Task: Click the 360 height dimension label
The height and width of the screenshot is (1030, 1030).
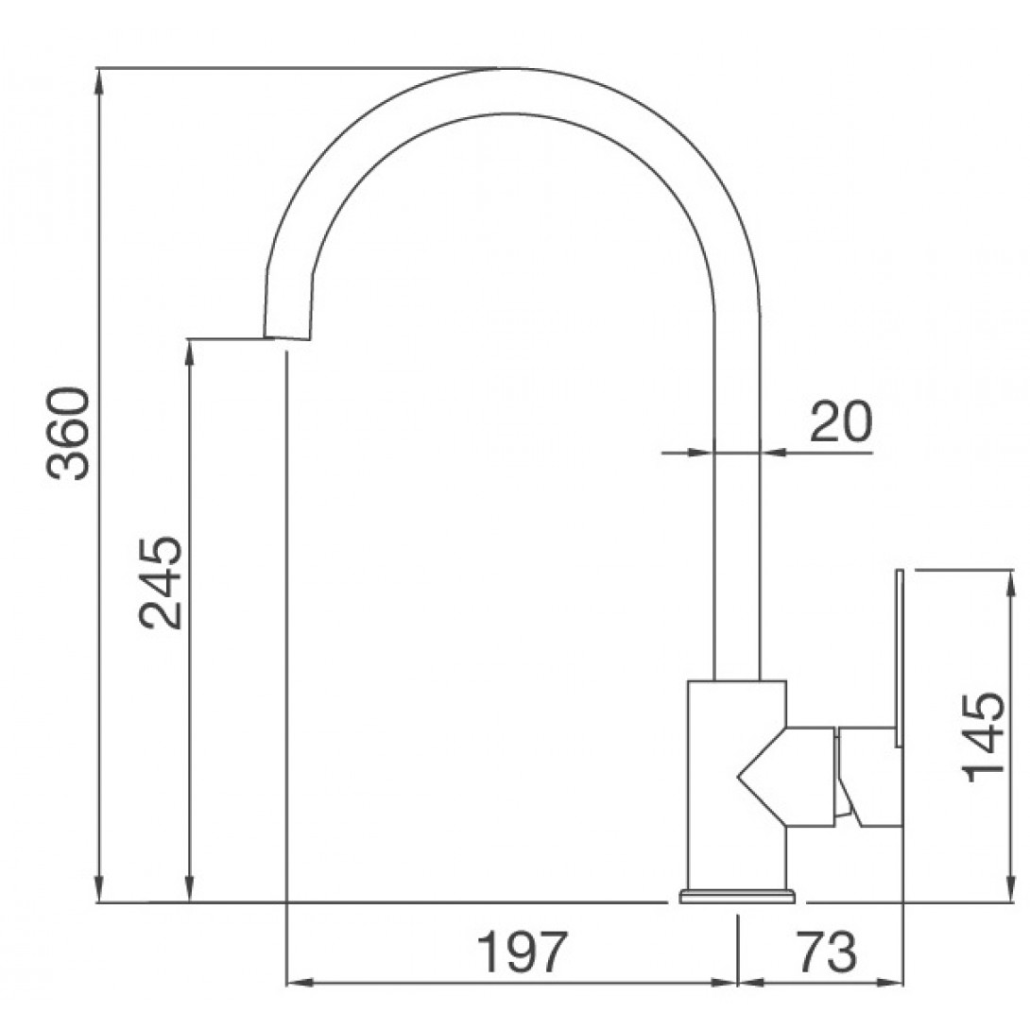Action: click(x=68, y=434)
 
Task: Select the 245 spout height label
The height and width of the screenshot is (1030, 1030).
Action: click(x=161, y=583)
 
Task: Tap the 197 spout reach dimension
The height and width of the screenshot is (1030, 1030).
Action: click(x=522, y=953)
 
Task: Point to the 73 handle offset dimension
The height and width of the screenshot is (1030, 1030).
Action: click(x=827, y=953)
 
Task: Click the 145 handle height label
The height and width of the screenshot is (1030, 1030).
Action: click(x=984, y=737)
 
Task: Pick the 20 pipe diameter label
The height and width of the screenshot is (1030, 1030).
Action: click(x=841, y=421)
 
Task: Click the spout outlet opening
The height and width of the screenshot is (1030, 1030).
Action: click(x=286, y=339)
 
